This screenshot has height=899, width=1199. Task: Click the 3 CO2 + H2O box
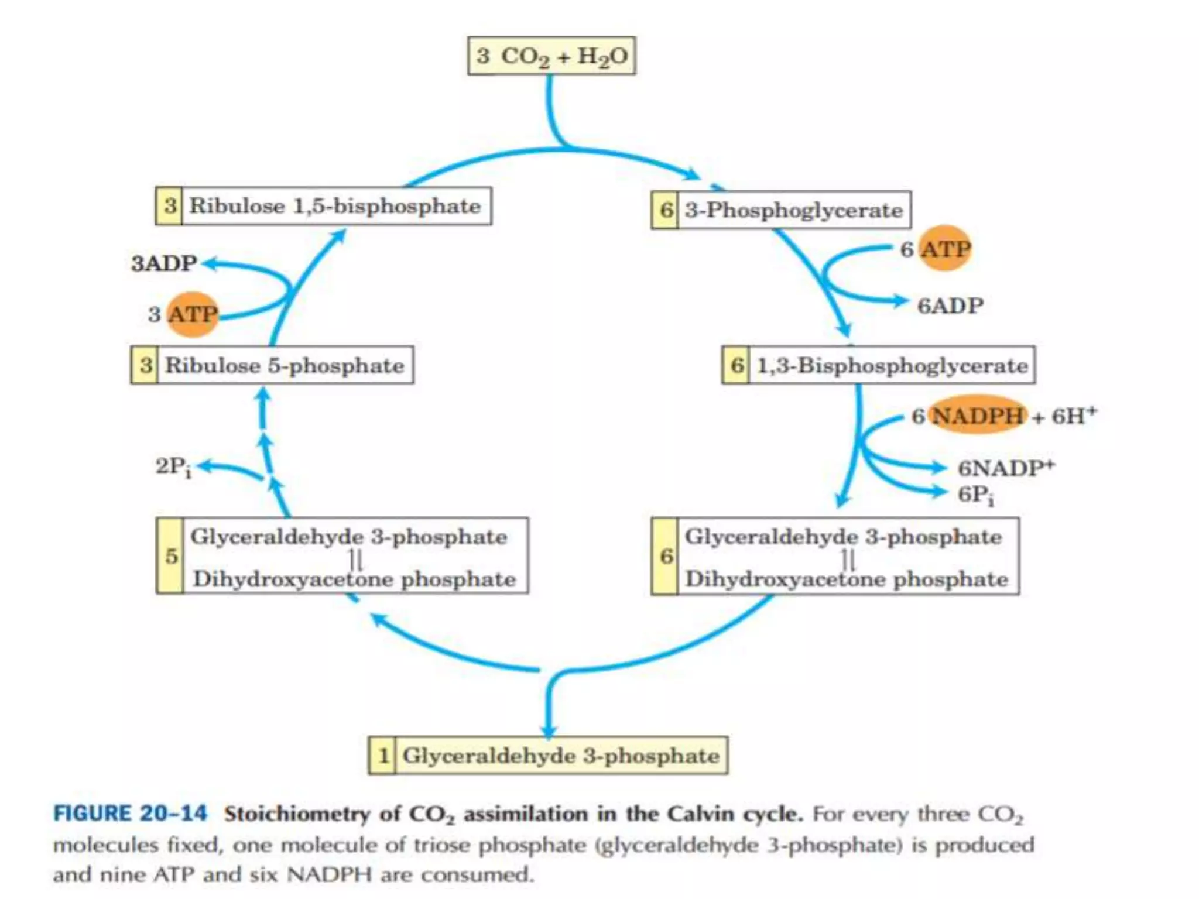point(551,56)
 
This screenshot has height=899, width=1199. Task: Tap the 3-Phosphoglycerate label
point(794,210)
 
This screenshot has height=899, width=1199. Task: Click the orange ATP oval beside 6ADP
point(944,249)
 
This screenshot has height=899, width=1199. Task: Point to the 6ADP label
point(950,306)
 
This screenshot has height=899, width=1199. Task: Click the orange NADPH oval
point(977,416)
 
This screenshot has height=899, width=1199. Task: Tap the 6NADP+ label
point(1006,468)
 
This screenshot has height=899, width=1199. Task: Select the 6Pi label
point(975,495)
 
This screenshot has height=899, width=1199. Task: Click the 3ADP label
point(164,263)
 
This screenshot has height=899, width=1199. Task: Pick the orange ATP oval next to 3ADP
point(192,314)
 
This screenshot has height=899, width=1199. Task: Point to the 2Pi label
point(173,466)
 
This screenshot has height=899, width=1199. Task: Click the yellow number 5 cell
point(170,556)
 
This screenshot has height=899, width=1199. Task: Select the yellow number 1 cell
point(383,756)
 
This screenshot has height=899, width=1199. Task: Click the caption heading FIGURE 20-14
point(130,814)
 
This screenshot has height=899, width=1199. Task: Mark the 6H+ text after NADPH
point(1074,416)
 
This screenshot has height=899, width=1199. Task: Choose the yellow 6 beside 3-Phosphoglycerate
point(666,210)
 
